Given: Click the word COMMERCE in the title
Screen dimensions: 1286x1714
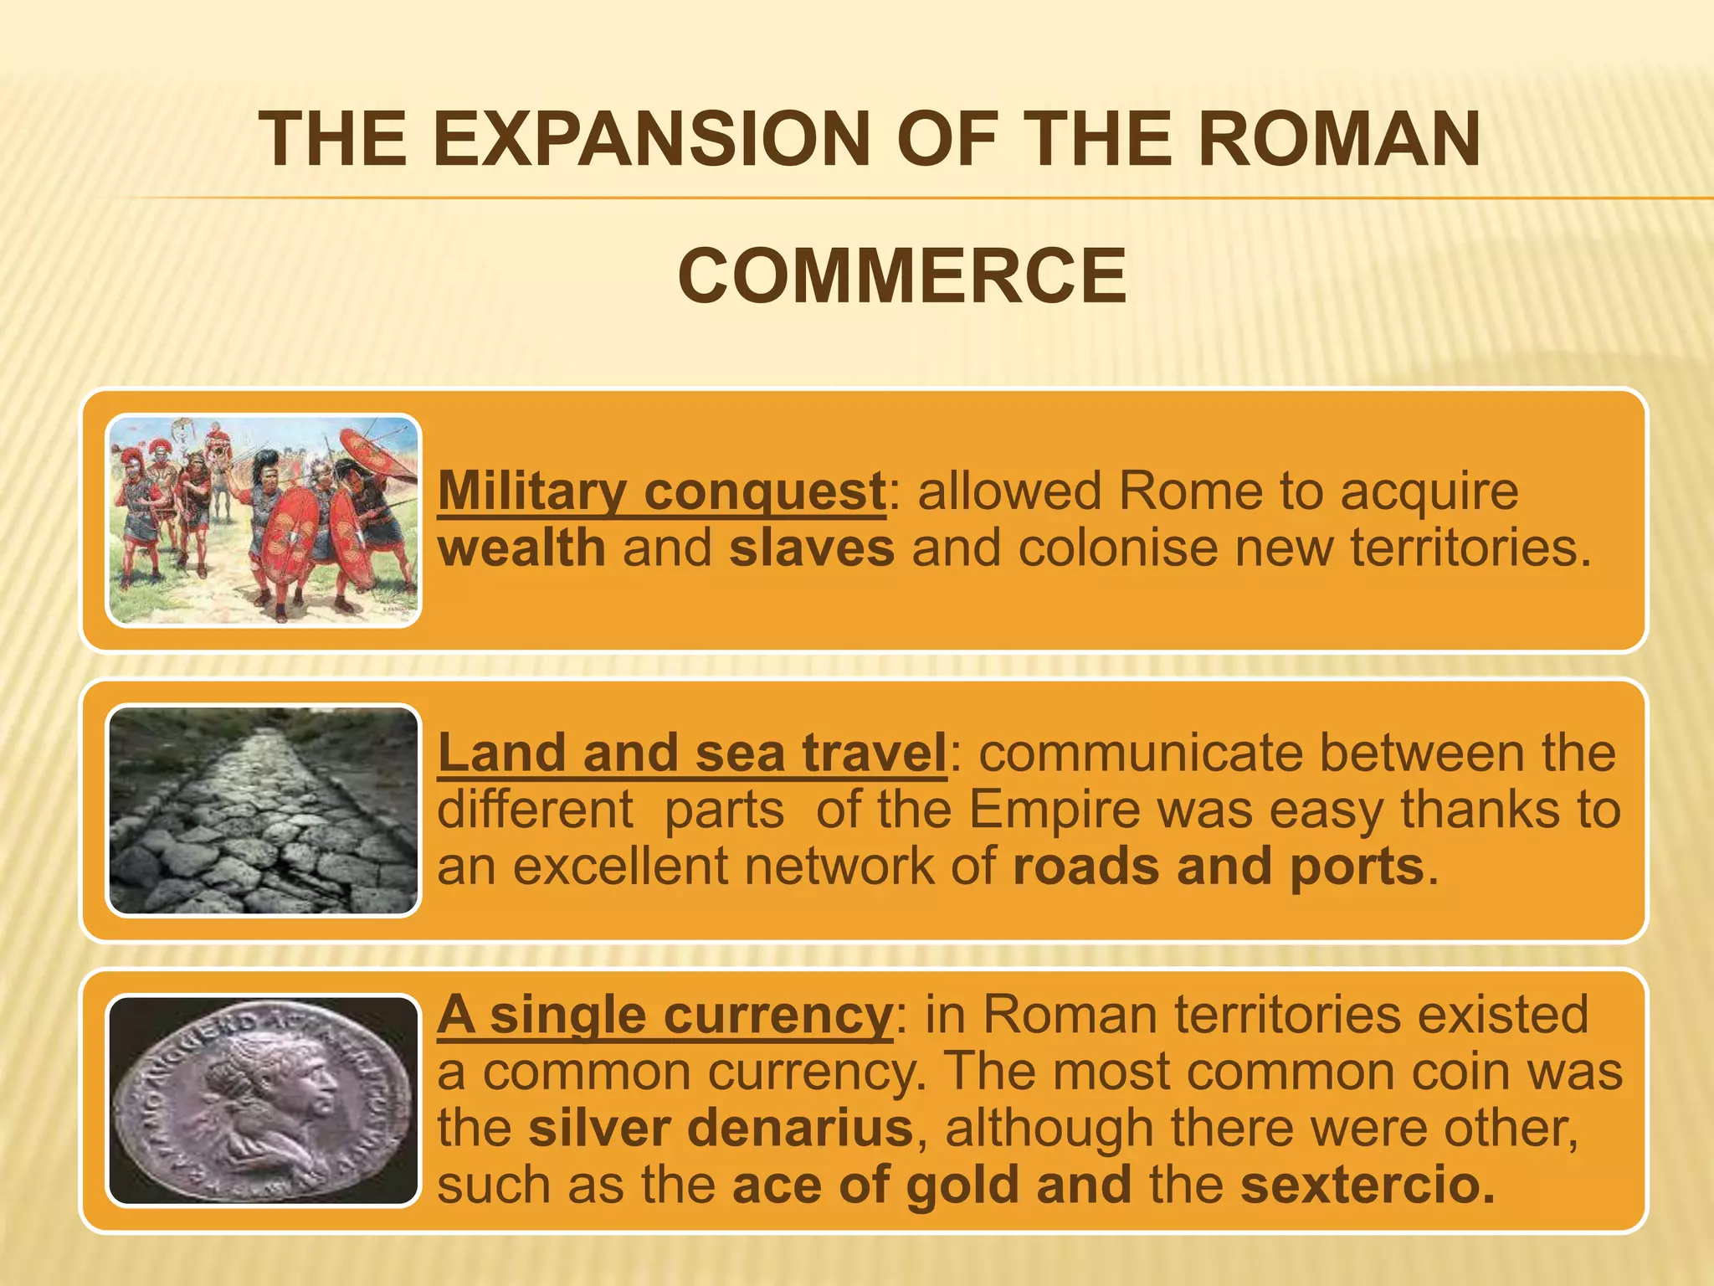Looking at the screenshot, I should [x=901, y=276].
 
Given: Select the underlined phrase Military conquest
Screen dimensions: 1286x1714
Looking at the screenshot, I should [x=661, y=491].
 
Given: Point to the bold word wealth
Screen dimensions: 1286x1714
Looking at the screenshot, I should [x=521, y=548].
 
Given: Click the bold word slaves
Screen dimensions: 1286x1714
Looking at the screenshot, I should [x=811, y=548].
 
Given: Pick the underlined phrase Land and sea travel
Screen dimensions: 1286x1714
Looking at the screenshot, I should [x=691, y=753].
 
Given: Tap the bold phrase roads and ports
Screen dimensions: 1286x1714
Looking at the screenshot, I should [x=1218, y=867].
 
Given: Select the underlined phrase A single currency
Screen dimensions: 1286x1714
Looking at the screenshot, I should [x=665, y=1015].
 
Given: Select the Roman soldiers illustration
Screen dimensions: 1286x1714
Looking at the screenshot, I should [x=264, y=521].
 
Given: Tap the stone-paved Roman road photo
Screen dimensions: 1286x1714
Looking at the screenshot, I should [x=264, y=810].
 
